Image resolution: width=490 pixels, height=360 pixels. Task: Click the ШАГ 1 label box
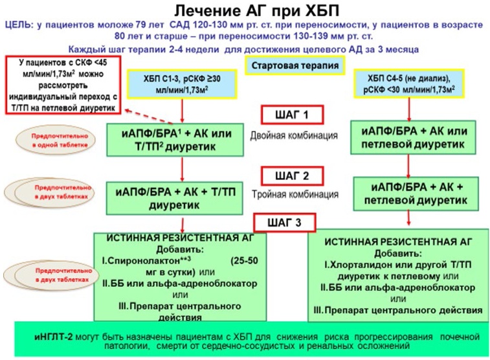tap(292, 115)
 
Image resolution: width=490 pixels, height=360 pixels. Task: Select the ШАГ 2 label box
tap(292, 176)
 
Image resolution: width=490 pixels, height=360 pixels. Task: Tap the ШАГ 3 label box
tap(284, 223)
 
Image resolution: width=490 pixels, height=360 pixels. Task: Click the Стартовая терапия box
tap(295, 65)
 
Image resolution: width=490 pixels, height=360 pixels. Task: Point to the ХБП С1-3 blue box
tap(182, 84)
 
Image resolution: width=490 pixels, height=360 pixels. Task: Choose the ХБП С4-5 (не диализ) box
tap(409, 83)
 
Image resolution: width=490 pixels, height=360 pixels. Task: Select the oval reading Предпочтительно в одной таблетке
tap(56, 141)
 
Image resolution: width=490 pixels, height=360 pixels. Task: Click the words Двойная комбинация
tap(294, 135)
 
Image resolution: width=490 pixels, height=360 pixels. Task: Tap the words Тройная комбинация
tap(295, 194)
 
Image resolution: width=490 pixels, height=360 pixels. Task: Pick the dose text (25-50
tap(244, 261)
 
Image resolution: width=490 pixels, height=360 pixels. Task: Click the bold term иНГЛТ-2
tap(54, 337)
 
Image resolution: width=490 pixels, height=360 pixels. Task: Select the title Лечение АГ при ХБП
tap(256, 12)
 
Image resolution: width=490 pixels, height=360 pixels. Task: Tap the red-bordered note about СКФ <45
tap(63, 85)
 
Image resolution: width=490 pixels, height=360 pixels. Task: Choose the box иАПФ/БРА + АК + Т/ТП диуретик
tap(175, 198)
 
